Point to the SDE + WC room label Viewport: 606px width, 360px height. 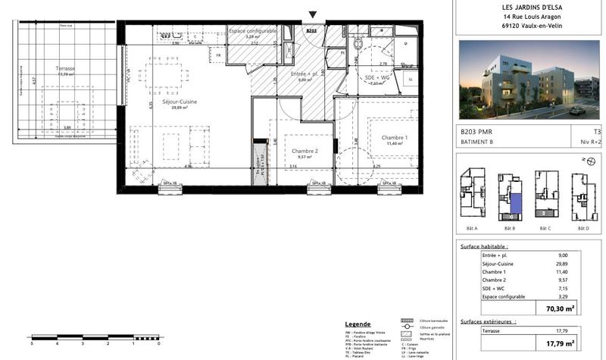[x=356, y=79]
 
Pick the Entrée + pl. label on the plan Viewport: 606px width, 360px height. [x=304, y=74]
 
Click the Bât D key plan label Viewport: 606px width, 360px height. [x=583, y=229]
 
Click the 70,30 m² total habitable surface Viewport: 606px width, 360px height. [x=560, y=308]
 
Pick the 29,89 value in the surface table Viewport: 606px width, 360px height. [x=560, y=265]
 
